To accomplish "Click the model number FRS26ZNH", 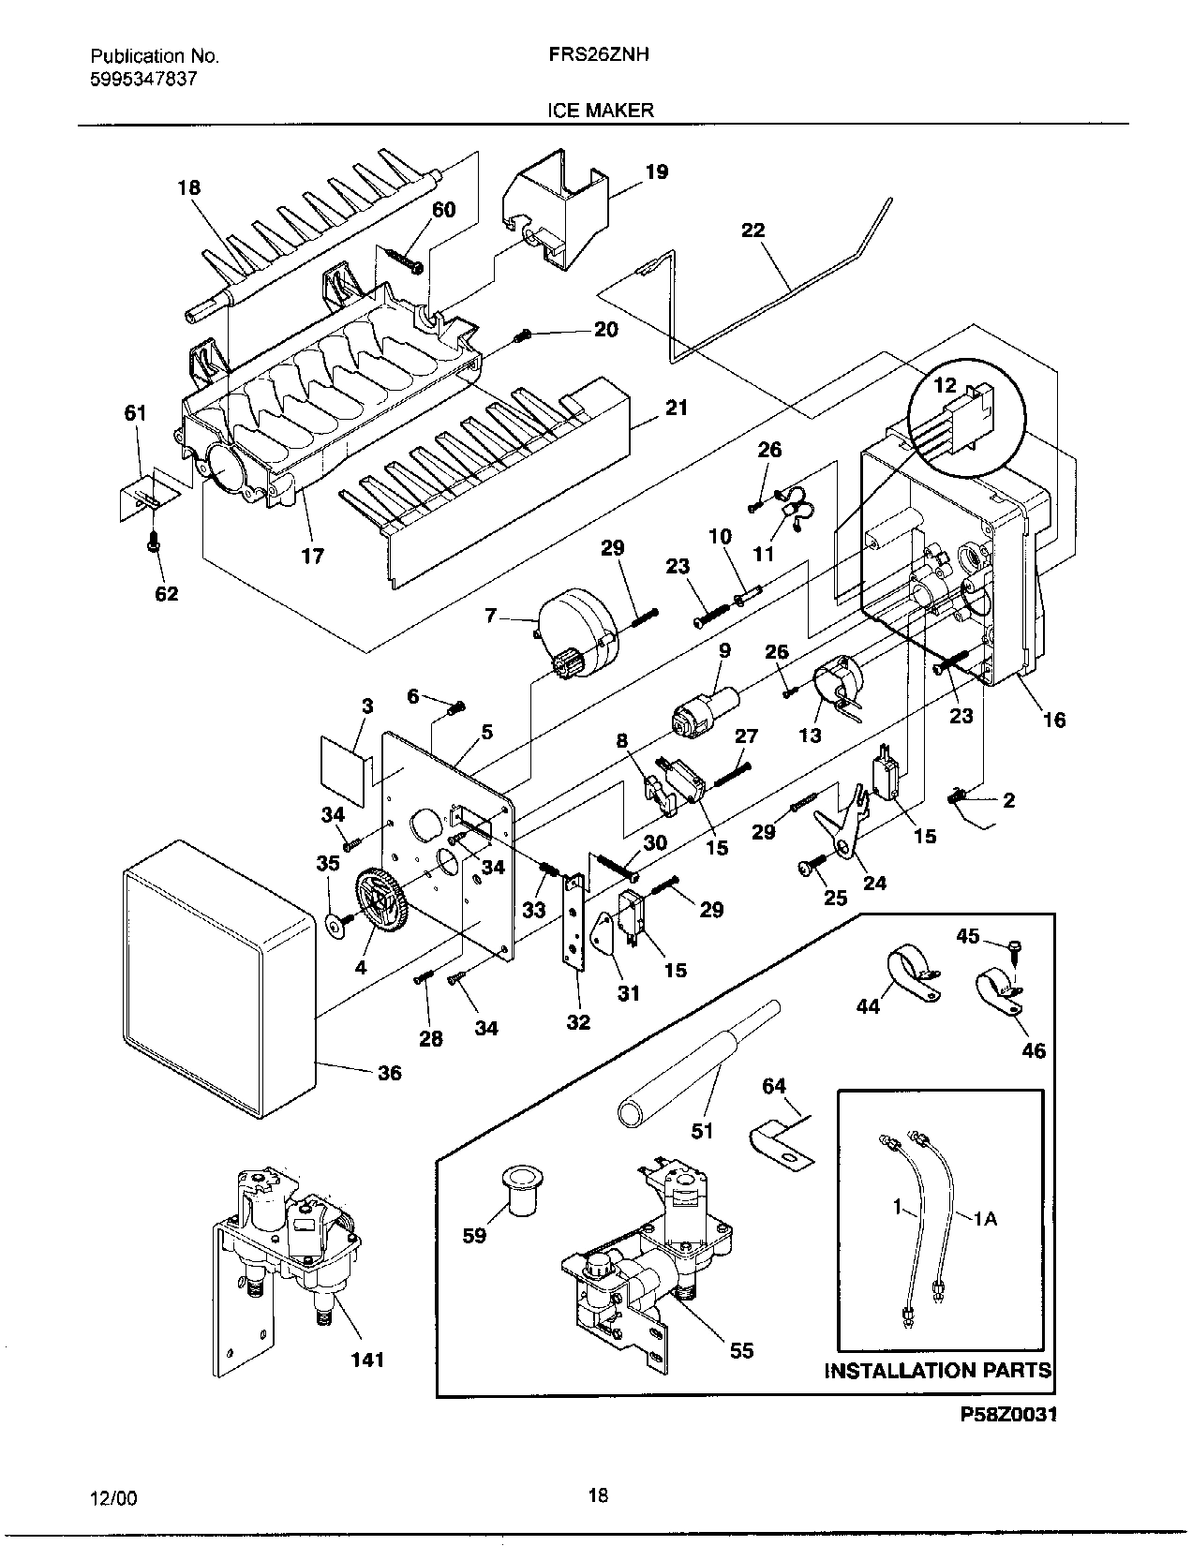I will [x=600, y=55].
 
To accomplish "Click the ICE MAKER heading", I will [x=600, y=111].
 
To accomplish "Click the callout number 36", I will [x=390, y=1073].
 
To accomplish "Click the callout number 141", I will [x=367, y=1360].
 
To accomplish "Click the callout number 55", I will [x=741, y=1351].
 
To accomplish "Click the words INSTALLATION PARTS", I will [x=938, y=1371].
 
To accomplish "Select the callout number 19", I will [x=657, y=171].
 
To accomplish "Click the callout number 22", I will [x=752, y=230].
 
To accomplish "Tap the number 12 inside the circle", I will [x=945, y=384].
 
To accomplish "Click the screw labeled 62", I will [x=155, y=542].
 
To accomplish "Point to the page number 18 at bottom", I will [x=597, y=1495].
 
